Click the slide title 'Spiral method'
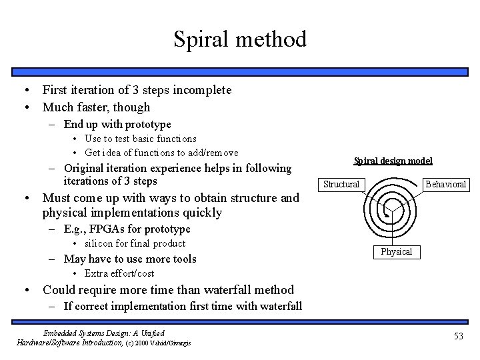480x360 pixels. [x=240, y=39]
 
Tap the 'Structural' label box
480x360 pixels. [x=341, y=184]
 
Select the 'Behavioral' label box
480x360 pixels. [x=445, y=184]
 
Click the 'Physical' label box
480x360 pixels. [x=397, y=251]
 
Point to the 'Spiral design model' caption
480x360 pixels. [x=393, y=161]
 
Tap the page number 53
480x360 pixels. [x=457, y=337]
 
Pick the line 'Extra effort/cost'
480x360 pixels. [x=119, y=273]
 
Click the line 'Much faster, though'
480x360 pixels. [x=96, y=107]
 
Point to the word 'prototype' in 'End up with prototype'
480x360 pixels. [x=147, y=125]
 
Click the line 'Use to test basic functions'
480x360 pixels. [x=140, y=139]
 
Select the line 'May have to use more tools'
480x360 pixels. [x=130, y=259]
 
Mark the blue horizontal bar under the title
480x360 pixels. [x=240, y=69]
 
